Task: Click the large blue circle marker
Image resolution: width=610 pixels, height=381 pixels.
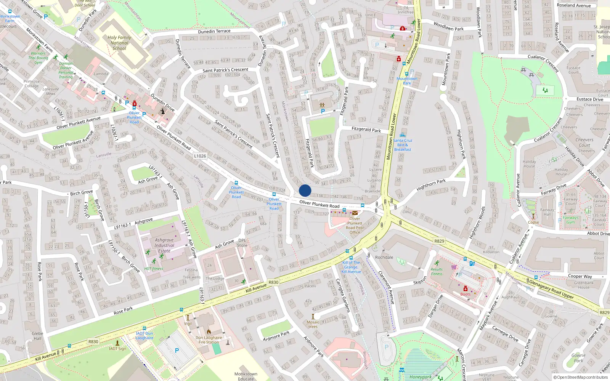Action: coord(305,190)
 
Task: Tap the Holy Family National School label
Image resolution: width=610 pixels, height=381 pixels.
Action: coord(119,43)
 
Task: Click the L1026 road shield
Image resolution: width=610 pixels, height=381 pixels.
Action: coord(200,156)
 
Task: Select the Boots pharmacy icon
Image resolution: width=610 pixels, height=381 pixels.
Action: coord(465,288)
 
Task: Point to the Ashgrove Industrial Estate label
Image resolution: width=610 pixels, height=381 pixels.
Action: coord(164,245)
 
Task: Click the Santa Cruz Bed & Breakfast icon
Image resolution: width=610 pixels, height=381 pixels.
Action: coord(403,135)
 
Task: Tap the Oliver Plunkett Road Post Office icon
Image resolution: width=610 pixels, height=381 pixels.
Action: coord(355,213)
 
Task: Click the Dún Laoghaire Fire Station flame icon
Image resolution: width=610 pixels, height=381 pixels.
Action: coord(209,332)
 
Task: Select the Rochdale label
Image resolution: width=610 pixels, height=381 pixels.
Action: coord(384,257)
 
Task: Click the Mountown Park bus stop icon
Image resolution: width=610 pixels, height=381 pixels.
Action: coord(406,74)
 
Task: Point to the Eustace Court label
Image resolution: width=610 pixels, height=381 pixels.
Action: coord(573,70)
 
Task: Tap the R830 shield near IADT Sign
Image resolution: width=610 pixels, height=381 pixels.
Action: coord(93,341)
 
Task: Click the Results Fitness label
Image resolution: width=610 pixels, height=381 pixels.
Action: coord(437,271)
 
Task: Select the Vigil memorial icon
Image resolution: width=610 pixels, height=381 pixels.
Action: coord(188,317)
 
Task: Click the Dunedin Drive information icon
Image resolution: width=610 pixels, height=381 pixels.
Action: coord(163,111)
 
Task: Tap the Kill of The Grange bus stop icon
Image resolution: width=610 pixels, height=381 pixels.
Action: coord(347,251)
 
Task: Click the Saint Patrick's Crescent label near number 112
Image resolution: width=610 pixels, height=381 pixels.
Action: coord(225,70)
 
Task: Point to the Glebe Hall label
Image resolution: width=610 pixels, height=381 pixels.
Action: coord(37,336)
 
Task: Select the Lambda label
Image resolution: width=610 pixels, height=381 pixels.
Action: coord(101,74)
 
